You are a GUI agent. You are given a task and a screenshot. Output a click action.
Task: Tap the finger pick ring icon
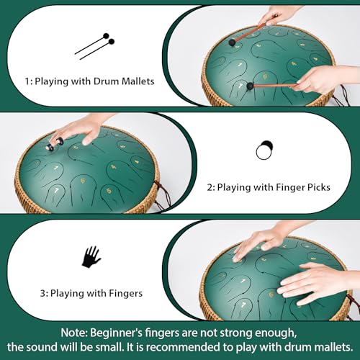(264, 151)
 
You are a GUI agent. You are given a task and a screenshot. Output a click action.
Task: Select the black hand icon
(91, 256)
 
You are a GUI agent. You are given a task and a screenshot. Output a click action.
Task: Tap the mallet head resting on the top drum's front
(250, 86)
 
